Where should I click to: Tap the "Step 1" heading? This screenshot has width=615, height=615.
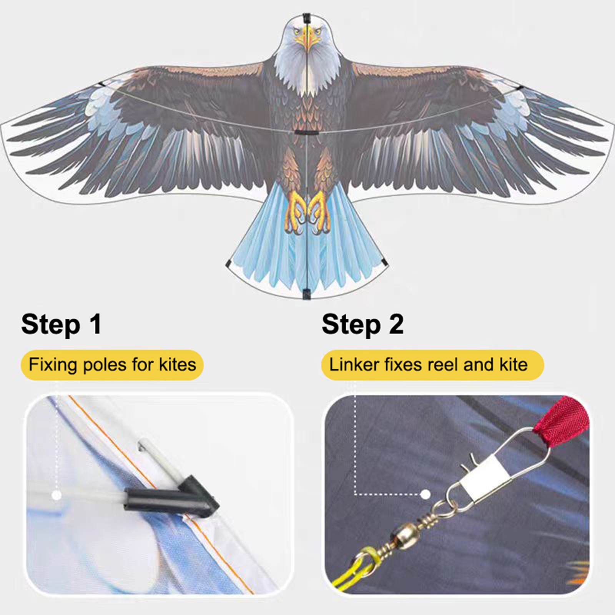pos(61,324)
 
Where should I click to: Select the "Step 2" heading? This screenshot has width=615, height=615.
pos(362,324)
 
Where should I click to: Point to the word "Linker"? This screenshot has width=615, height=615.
pos(354,364)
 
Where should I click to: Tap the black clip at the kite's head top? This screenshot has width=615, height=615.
pos(306,18)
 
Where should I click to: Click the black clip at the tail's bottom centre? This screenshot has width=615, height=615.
pos(306,294)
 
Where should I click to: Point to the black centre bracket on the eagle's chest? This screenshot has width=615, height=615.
pos(306,133)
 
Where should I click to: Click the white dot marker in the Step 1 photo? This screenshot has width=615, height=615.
pos(57,495)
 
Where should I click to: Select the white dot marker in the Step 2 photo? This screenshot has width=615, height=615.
pos(425,494)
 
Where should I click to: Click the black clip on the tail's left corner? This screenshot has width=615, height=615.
pos(228,264)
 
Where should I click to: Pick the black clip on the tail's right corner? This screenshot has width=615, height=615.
pos(384,262)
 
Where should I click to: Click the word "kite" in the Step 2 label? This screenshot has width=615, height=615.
pos(514,364)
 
